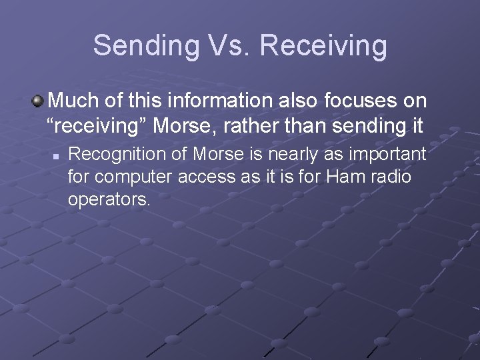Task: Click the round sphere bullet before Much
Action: pyautogui.click(x=38, y=101)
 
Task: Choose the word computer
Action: pyautogui.click(x=127, y=177)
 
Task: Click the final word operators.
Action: pyautogui.click(x=109, y=200)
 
